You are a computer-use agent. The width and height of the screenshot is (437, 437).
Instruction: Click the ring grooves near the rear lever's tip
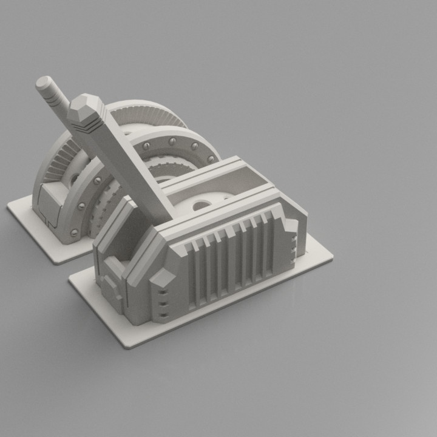(56, 97)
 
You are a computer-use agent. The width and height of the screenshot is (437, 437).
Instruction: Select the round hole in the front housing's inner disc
(203, 206)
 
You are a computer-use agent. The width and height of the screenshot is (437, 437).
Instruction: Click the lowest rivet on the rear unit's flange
(73, 232)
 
